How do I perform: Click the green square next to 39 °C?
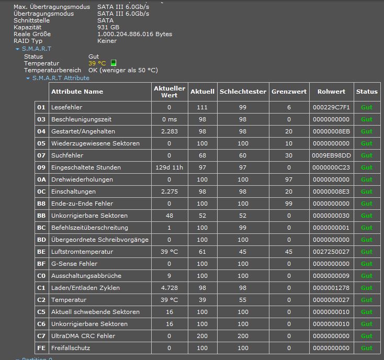(114, 63)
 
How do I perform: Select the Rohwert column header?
(331, 92)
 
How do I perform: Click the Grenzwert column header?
(289, 92)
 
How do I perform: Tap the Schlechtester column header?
(243, 92)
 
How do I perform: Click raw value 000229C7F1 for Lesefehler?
(331, 107)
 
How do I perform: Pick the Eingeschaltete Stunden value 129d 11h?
(169, 167)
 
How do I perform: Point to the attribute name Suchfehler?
(67, 155)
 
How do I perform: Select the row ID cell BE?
(41, 252)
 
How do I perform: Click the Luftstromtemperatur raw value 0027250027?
(331, 252)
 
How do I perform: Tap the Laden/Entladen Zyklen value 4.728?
(169, 288)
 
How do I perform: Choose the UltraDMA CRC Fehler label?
(83, 336)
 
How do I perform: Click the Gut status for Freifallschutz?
(367, 348)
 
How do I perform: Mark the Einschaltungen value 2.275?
(169, 192)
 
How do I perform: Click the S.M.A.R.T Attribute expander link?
(61, 78)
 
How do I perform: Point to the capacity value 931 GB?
(108, 27)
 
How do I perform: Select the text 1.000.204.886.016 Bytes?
(134, 34)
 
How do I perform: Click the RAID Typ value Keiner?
(107, 41)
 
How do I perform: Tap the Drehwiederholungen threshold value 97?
(289, 179)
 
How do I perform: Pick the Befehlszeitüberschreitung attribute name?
(89, 228)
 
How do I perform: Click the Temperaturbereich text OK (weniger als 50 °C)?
(123, 70)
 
